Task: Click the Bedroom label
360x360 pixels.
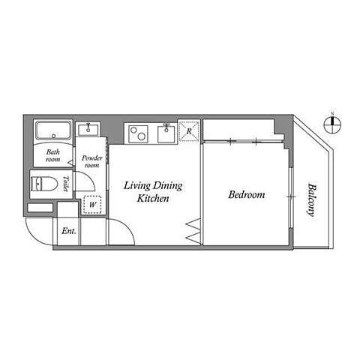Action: point(247,194)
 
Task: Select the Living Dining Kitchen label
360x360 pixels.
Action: point(153,192)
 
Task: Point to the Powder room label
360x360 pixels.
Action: point(92,161)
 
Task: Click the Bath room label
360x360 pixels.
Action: point(53,155)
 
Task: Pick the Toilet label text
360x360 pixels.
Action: point(66,184)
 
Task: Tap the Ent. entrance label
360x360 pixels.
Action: point(69,231)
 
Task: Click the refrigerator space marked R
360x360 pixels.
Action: point(189,131)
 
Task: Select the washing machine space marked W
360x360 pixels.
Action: point(92,205)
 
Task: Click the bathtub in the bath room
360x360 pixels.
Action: point(53,130)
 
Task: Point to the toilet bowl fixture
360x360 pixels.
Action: point(44,184)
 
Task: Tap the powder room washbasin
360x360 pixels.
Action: point(88,129)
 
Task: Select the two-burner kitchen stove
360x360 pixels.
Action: point(138,134)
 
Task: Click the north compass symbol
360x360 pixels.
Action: point(332,124)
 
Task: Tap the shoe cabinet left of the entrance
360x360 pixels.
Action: point(40,208)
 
